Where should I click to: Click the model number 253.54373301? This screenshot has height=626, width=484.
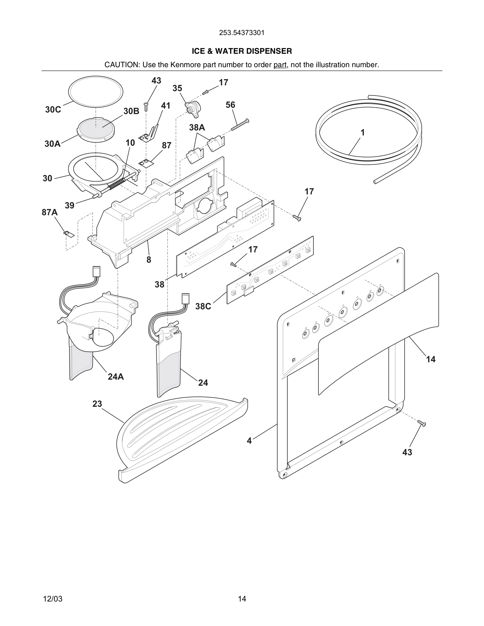tap(242, 33)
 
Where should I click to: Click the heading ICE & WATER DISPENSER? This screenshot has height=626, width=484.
tap(242, 51)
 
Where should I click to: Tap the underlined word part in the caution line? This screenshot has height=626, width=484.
tap(280, 65)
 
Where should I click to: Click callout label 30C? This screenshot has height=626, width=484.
tap(53, 110)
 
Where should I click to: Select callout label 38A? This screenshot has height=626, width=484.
tap(197, 128)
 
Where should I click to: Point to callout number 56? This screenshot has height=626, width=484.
tap(230, 105)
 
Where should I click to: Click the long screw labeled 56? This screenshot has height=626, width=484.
tap(240, 125)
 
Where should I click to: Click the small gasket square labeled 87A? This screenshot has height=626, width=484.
tap(69, 234)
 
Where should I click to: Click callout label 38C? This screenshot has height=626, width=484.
tap(203, 306)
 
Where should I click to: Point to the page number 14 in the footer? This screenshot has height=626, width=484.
tap(242, 591)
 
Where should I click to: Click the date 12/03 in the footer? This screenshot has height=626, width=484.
tap(53, 591)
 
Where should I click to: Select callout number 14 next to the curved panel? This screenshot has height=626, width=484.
tap(431, 359)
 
